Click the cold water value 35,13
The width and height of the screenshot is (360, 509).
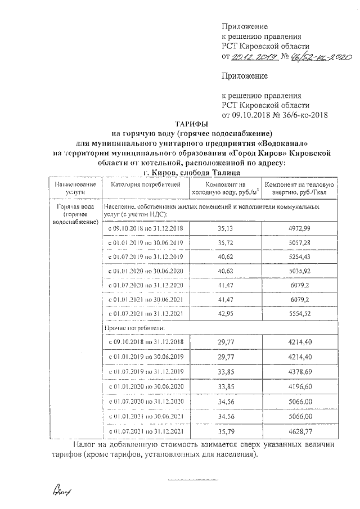coord(224,228)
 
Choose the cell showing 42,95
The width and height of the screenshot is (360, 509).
coord(224,313)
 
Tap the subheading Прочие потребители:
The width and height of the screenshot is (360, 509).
coord(131,327)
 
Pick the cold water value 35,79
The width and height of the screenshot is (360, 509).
coord(224,431)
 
